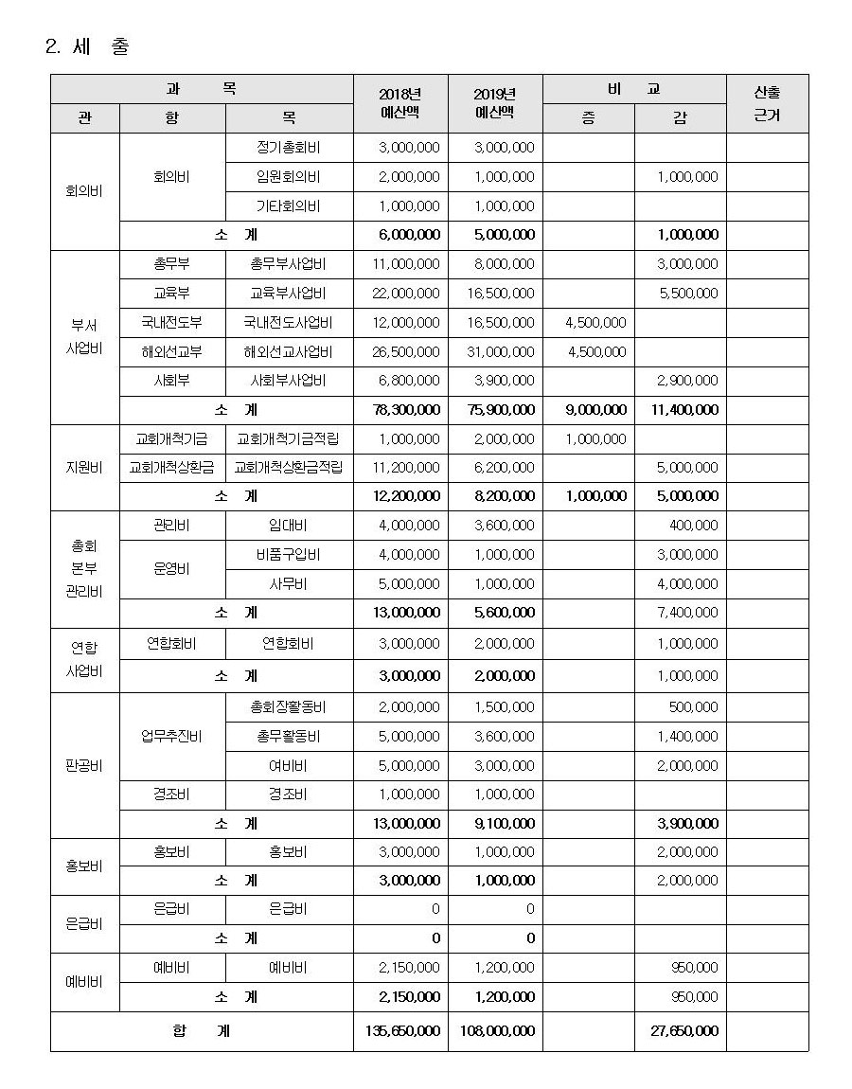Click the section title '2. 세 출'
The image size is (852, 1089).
click(87, 46)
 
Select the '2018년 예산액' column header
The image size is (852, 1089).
click(399, 103)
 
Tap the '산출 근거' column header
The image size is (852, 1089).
click(767, 103)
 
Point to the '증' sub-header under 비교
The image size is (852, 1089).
click(588, 119)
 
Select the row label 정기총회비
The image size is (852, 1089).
click(289, 148)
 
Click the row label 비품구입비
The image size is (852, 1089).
click(289, 555)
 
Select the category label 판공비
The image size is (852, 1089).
click(84, 765)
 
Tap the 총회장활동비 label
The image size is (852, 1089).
click(289, 707)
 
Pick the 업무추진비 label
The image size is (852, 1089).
click(171, 736)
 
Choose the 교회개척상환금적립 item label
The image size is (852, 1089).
click(289, 468)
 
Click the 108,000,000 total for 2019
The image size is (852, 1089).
click(495, 1030)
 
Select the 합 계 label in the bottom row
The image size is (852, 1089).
click(201, 1030)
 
